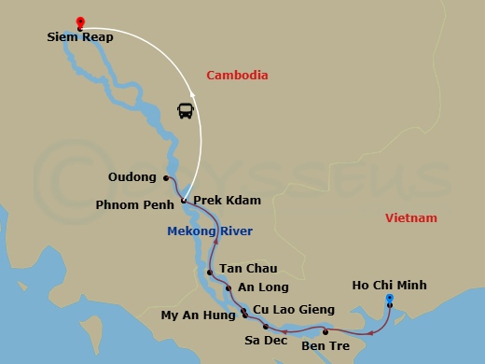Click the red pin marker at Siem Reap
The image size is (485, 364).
80,22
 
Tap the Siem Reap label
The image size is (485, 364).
81,38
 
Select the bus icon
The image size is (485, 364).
185,110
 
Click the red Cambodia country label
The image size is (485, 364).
237,75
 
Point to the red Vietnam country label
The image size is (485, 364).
410,218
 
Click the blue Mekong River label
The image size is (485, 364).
210,231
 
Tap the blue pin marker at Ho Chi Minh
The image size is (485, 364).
390,300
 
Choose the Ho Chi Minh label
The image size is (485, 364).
389,286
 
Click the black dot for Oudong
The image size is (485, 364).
165,177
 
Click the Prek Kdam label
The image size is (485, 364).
227,201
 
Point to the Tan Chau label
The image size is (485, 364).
247,268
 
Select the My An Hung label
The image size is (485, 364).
199,315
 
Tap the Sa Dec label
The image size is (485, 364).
265,341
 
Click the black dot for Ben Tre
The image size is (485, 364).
325,331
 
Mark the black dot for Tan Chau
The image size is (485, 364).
210,273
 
